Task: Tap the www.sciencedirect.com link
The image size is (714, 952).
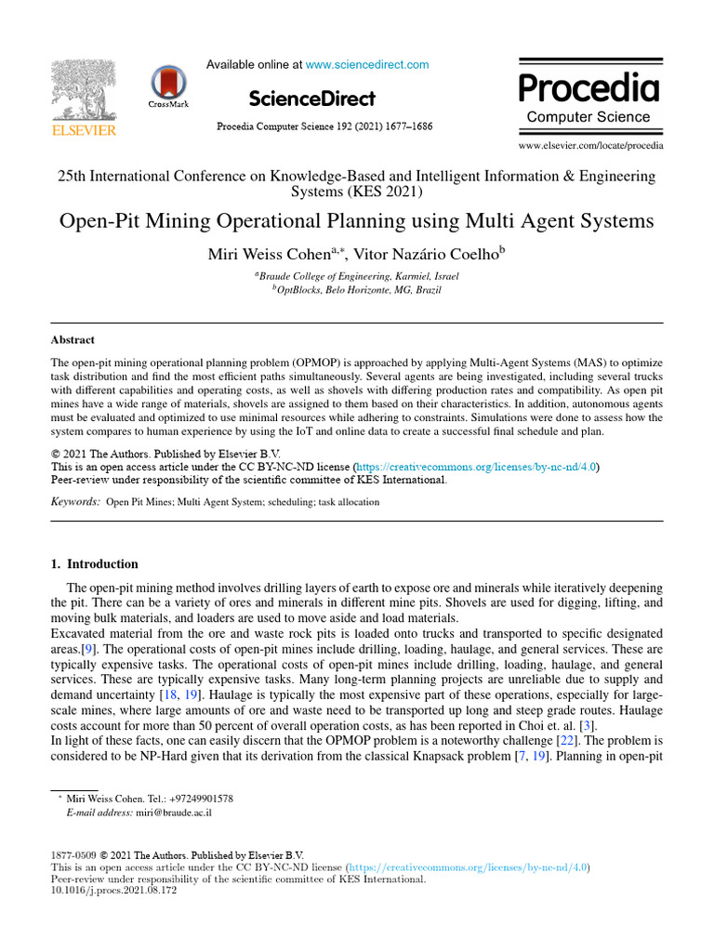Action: (x=367, y=65)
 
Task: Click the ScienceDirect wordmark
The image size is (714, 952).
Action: (x=312, y=99)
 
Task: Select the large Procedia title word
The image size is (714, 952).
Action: (x=588, y=88)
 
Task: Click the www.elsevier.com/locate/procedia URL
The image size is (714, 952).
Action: (x=590, y=146)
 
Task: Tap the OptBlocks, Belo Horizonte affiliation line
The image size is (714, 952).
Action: (x=357, y=290)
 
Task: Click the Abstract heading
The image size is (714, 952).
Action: (x=73, y=340)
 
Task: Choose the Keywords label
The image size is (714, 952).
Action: (x=74, y=502)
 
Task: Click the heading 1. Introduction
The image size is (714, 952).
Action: (x=93, y=564)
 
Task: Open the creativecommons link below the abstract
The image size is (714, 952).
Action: (x=476, y=467)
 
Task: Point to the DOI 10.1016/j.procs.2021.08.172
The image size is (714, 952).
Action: (x=112, y=890)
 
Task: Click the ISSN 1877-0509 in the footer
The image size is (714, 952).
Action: (x=72, y=855)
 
